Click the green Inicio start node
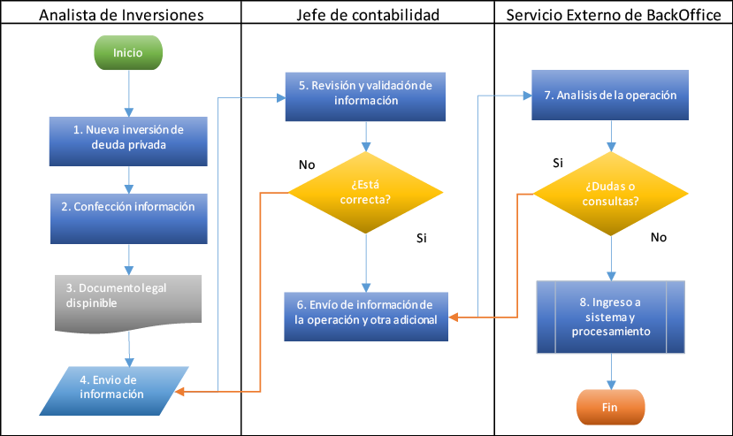128,53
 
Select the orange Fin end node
610,407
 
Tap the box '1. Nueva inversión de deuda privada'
128,142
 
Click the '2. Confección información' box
129,218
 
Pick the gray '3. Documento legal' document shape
128,303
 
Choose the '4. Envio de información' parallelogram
113,391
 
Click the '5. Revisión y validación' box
365,96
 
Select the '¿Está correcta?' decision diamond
365,192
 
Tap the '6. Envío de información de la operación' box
366,317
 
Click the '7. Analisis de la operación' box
610,95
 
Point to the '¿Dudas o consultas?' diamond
610,194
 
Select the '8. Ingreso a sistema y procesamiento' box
610,317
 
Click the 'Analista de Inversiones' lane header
121,15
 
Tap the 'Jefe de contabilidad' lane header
368,15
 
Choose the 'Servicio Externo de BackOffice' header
614,15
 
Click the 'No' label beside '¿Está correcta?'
307,164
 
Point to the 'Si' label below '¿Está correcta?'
422,238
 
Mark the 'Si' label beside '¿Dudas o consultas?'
558,163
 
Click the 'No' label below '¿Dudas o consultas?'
659,237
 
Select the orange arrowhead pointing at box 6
453,317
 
